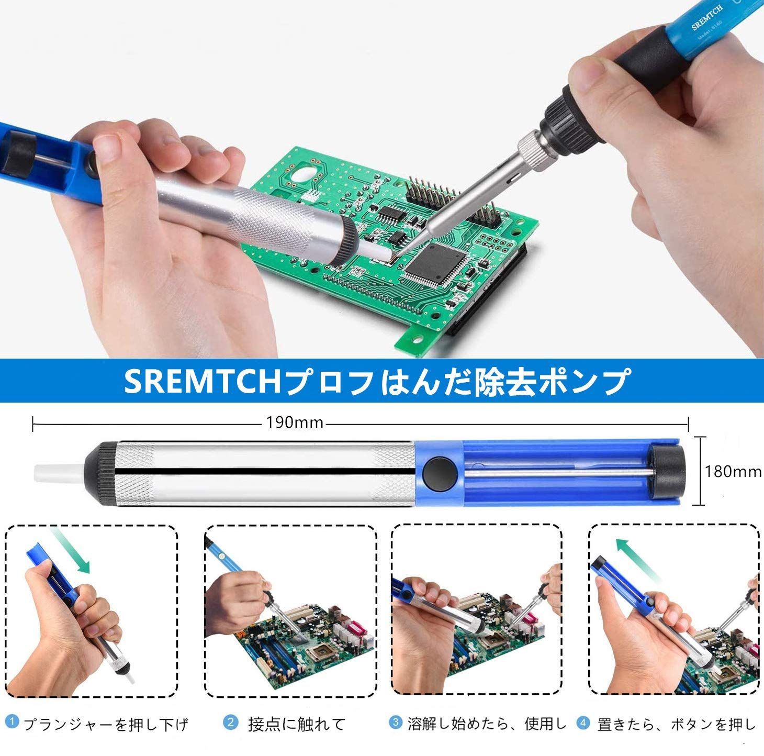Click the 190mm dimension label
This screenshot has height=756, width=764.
pos(294,423)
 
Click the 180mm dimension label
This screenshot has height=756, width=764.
pos(733,472)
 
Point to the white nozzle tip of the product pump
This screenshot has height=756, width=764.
pos(60,473)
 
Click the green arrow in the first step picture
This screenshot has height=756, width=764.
pos(71,550)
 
